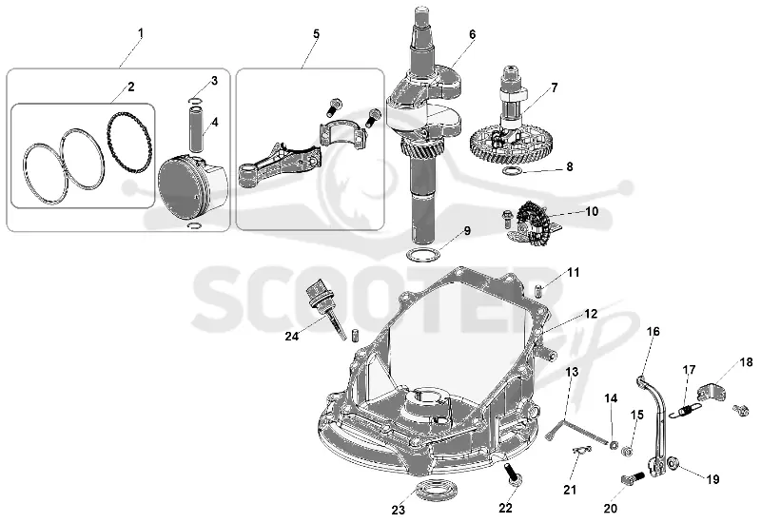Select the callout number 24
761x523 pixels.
point(292,336)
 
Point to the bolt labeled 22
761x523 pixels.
point(513,473)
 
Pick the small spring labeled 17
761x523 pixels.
point(684,411)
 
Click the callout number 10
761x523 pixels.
point(592,211)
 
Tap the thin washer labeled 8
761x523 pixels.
point(512,170)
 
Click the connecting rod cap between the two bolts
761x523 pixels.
point(341,132)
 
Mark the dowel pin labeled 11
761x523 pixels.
point(538,292)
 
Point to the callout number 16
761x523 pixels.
point(654,331)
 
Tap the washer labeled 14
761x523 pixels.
point(614,444)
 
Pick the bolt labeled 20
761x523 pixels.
point(633,478)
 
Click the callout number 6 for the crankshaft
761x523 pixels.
point(472,34)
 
